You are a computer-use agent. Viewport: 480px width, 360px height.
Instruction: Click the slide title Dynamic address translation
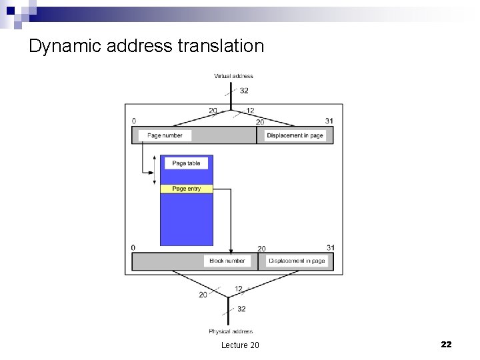click(147, 46)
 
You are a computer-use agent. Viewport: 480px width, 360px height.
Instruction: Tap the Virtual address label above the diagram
click(233, 76)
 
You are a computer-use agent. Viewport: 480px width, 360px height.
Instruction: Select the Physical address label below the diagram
click(231, 331)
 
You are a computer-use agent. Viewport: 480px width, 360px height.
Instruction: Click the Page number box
click(165, 135)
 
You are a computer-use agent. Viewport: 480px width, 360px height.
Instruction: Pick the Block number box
click(227, 261)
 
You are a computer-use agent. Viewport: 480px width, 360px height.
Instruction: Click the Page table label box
click(186, 163)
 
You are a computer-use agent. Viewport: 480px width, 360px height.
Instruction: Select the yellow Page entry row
click(186, 189)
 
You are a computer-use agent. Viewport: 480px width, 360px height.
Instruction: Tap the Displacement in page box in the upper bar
click(295, 135)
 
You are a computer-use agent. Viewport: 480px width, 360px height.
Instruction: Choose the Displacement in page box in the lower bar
click(297, 261)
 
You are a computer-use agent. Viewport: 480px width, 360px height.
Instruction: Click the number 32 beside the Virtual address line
click(244, 91)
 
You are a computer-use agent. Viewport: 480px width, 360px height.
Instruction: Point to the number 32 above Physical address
click(241, 309)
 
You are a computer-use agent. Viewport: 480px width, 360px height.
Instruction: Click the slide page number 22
click(446, 344)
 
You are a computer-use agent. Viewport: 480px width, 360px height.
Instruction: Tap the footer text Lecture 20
click(240, 345)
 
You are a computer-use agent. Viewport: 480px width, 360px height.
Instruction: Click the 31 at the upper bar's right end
click(329, 121)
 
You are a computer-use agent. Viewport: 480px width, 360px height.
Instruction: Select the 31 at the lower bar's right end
click(330, 248)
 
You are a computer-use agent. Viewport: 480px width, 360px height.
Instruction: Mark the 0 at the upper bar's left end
click(134, 121)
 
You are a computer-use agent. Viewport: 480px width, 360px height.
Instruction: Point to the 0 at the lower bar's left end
click(133, 248)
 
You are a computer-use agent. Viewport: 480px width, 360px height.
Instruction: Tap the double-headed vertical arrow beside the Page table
click(152, 171)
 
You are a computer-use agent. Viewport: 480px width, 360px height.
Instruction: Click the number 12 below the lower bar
click(239, 289)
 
